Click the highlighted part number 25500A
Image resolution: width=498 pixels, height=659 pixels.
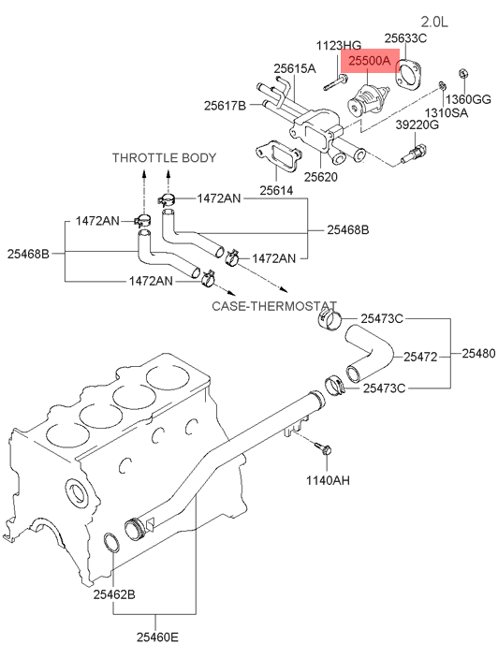coord(370,62)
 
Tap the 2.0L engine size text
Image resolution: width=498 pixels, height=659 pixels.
coord(434,22)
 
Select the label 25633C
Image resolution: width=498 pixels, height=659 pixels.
coord(405,38)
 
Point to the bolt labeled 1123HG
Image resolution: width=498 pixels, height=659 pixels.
coord(335,82)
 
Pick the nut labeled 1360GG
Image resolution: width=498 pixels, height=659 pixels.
coord(463,74)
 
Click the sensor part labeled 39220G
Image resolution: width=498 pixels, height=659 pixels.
coord(414,154)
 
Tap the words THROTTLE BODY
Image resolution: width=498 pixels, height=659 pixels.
coord(164,158)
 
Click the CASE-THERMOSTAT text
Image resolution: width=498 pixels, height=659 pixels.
coord(274,306)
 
